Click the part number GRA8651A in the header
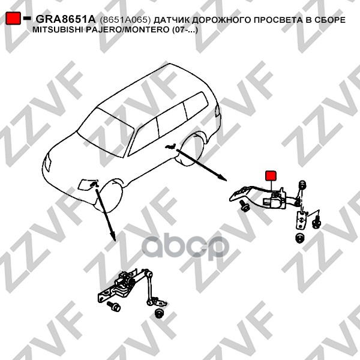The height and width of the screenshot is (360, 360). (65, 20)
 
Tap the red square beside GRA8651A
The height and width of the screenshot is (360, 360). (13, 18)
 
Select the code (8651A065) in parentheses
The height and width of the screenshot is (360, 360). (125, 20)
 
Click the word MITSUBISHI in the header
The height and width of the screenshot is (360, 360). (58, 30)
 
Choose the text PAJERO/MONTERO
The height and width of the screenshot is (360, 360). (128, 30)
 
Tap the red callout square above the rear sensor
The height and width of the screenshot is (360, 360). (271, 176)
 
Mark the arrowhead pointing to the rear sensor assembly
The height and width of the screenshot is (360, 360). (222, 178)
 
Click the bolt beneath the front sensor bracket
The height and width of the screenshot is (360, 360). (114, 306)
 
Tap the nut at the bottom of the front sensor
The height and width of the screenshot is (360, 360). (158, 313)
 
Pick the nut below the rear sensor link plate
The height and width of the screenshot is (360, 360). (299, 238)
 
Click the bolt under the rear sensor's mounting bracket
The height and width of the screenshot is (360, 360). (244, 206)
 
